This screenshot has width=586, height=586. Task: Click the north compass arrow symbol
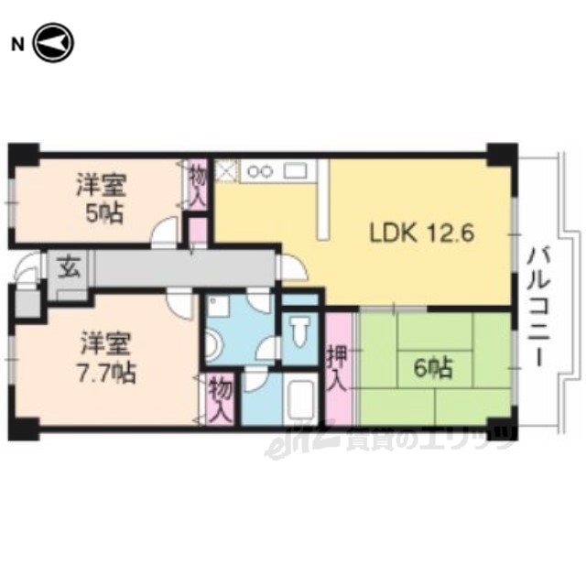pos(53,43)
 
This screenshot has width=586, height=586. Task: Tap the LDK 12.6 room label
pos(421,233)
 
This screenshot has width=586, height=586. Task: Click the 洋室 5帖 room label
pos(103,198)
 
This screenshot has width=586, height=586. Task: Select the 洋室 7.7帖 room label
pos(106,357)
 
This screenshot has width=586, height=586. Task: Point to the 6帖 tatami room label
pos(433,368)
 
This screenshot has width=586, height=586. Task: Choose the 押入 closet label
pos(337,368)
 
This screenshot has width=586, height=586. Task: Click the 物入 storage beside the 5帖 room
pos(198,185)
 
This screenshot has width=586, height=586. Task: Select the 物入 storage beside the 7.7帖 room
pos(220,398)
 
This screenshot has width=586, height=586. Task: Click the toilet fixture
pos(299,331)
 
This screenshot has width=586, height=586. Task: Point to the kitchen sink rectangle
pos(295,171)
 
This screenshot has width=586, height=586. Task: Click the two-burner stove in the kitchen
pos(261,171)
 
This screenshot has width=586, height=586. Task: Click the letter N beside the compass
pos(17,45)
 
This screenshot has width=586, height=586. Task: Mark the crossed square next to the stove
pos(226,171)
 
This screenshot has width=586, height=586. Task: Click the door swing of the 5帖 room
pos(165,232)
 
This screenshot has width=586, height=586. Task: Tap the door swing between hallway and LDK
pos(293,267)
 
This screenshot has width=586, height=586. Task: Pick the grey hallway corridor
pos(184,267)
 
